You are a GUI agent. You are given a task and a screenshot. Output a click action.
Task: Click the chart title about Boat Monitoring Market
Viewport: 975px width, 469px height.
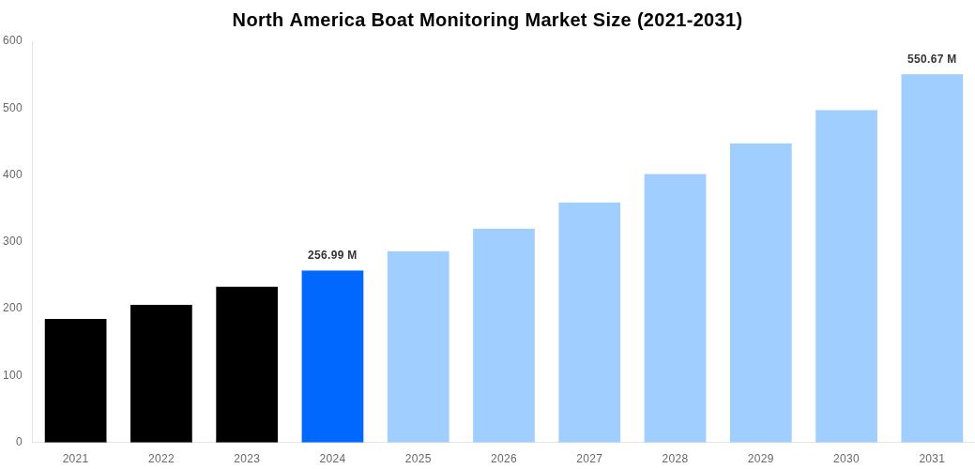point(487,20)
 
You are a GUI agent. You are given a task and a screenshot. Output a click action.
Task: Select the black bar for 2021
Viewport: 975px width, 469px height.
point(75,380)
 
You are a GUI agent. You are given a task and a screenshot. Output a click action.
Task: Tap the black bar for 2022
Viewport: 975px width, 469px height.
point(161,373)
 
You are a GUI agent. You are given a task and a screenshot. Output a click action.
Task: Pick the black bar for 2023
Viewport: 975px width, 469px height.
point(247,364)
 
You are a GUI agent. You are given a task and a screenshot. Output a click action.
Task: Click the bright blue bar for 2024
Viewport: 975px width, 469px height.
point(332,356)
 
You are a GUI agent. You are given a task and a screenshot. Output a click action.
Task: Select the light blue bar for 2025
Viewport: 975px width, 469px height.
point(418,346)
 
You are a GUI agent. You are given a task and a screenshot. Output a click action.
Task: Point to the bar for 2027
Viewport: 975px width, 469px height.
point(589,322)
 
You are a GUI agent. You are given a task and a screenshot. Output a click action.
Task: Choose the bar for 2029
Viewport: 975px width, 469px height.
point(760,293)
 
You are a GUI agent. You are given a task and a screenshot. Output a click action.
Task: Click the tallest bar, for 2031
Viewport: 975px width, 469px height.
point(932,258)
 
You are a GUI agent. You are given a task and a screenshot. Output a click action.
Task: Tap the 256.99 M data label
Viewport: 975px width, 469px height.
point(332,255)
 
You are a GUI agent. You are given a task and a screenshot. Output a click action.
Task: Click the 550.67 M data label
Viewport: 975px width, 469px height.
point(932,59)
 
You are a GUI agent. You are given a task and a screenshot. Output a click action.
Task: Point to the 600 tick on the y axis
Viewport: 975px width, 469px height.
point(12,40)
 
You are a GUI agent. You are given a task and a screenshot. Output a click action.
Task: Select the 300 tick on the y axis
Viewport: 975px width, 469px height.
point(12,241)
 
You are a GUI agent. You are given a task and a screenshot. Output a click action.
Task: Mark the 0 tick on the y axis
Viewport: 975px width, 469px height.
point(19,442)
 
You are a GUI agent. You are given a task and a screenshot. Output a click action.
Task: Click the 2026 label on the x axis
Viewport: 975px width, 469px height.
point(504,459)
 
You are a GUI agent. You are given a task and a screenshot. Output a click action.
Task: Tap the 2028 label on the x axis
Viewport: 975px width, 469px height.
point(675,459)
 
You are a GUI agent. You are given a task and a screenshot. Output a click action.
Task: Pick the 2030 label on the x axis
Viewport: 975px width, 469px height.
point(846,459)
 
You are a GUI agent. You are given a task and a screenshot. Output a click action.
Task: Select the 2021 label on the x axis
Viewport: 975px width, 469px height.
point(75,459)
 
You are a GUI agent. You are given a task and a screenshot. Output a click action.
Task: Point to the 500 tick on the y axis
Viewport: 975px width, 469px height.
point(12,108)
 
